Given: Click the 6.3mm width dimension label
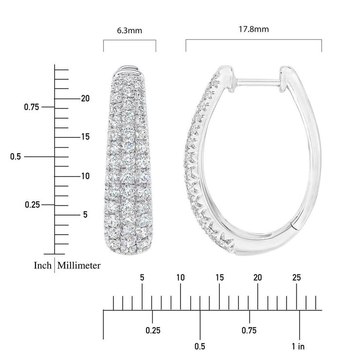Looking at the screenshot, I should pos(129,31).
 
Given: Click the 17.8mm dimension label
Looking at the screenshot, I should pos(254,29).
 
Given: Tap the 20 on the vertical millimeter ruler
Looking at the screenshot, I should pos(86,98).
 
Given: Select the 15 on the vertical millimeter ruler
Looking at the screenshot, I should pos(86,137).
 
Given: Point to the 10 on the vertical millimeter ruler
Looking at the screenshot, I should pos(86,176).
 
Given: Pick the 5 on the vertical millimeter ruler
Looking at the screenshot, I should pos(86,215).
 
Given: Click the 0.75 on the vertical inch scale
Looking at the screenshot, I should pos(32,107).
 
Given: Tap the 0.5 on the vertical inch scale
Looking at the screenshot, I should pos(17,157).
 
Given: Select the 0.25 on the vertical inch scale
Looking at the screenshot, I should pos(32,204).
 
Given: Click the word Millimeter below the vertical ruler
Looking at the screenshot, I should pos(79,266).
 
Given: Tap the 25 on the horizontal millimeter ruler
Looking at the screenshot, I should pos(296,278).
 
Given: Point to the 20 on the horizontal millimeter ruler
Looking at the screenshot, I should pos(258,278).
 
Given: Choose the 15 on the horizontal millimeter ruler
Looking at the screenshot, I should pos(219,278).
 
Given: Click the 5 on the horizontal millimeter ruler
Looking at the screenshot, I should pos(142,278).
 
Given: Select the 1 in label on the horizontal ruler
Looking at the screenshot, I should pos(298,346).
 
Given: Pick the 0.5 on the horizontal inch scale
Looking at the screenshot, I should pos(200,346).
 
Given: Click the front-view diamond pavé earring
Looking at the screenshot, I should pos(129,161).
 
